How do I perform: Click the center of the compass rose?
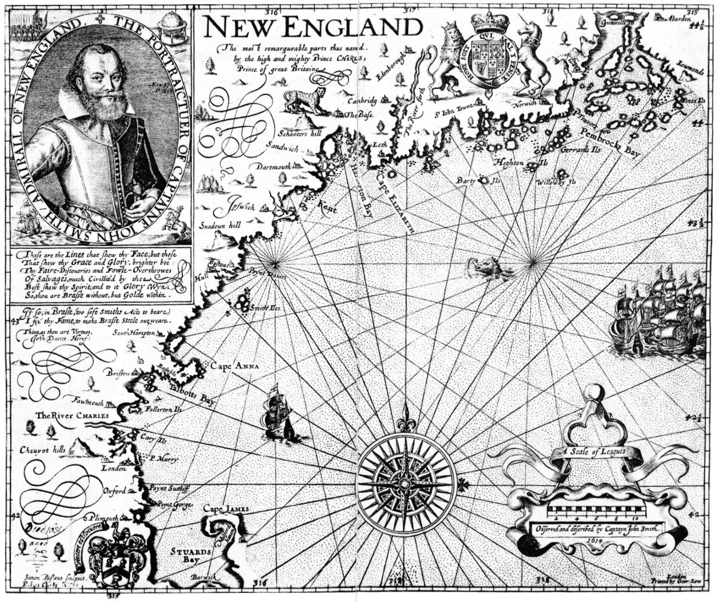405,482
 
